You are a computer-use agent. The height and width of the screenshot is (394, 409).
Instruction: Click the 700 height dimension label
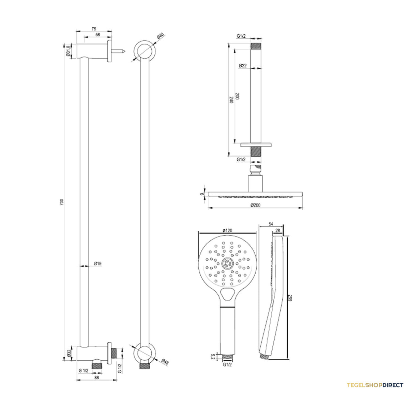[x=61, y=202]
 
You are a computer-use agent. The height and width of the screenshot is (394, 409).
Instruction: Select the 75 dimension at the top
[x=94, y=29]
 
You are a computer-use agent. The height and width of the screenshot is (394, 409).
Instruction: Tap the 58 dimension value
[x=98, y=35]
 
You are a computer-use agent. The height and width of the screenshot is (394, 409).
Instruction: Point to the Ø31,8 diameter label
[x=68, y=51]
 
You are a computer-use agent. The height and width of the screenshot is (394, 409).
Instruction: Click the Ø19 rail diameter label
[x=98, y=263]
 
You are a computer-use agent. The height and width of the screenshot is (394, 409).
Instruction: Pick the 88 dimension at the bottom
[x=96, y=377]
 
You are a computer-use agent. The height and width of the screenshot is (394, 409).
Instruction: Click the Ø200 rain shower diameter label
[x=255, y=205]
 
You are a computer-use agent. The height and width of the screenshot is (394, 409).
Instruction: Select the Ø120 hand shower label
[x=227, y=230]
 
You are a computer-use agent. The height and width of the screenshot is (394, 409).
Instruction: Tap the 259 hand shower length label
[x=290, y=298]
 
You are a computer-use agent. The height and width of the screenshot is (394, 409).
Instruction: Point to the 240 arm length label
[x=231, y=100]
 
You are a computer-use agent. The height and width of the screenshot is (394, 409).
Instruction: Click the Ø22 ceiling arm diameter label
[x=243, y=66]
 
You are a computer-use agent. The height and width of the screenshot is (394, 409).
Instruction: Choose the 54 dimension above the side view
[x=271, y=224]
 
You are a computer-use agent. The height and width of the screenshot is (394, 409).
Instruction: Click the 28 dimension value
[x=277, y=230]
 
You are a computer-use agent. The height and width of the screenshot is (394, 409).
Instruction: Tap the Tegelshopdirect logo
[x=375, y=385]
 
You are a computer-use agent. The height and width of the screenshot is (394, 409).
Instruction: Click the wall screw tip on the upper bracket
[x=125, y=51]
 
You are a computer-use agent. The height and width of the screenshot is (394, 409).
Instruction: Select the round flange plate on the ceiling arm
[x=256, y=145]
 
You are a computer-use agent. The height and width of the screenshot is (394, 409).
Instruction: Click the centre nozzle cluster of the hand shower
[x=227, y=263]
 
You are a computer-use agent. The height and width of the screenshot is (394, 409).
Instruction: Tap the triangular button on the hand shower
[x=227, y=294]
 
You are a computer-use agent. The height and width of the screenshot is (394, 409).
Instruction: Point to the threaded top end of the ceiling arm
[x=256, y=46]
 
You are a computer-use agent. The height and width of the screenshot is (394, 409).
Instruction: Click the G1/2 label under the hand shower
[x=227, y=365]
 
